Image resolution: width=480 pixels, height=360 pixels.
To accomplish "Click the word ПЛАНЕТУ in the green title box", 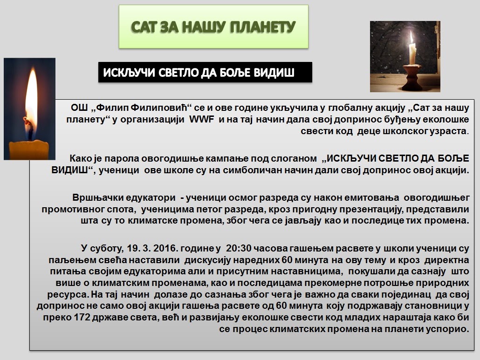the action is click(263, 27).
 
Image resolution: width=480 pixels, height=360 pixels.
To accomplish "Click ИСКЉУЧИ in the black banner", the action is click(129, 73).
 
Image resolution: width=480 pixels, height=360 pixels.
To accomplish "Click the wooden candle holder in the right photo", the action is click(412, 78).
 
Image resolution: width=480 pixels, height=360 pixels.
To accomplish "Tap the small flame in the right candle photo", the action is click(412, 37).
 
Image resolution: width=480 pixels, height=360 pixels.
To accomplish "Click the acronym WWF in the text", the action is click(201, 119).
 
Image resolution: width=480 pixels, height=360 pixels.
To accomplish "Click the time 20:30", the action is click(239, 248).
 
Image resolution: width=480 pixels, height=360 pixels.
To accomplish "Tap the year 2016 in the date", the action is click(165, 248).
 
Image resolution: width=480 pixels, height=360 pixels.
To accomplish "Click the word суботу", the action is click(106, 248).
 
